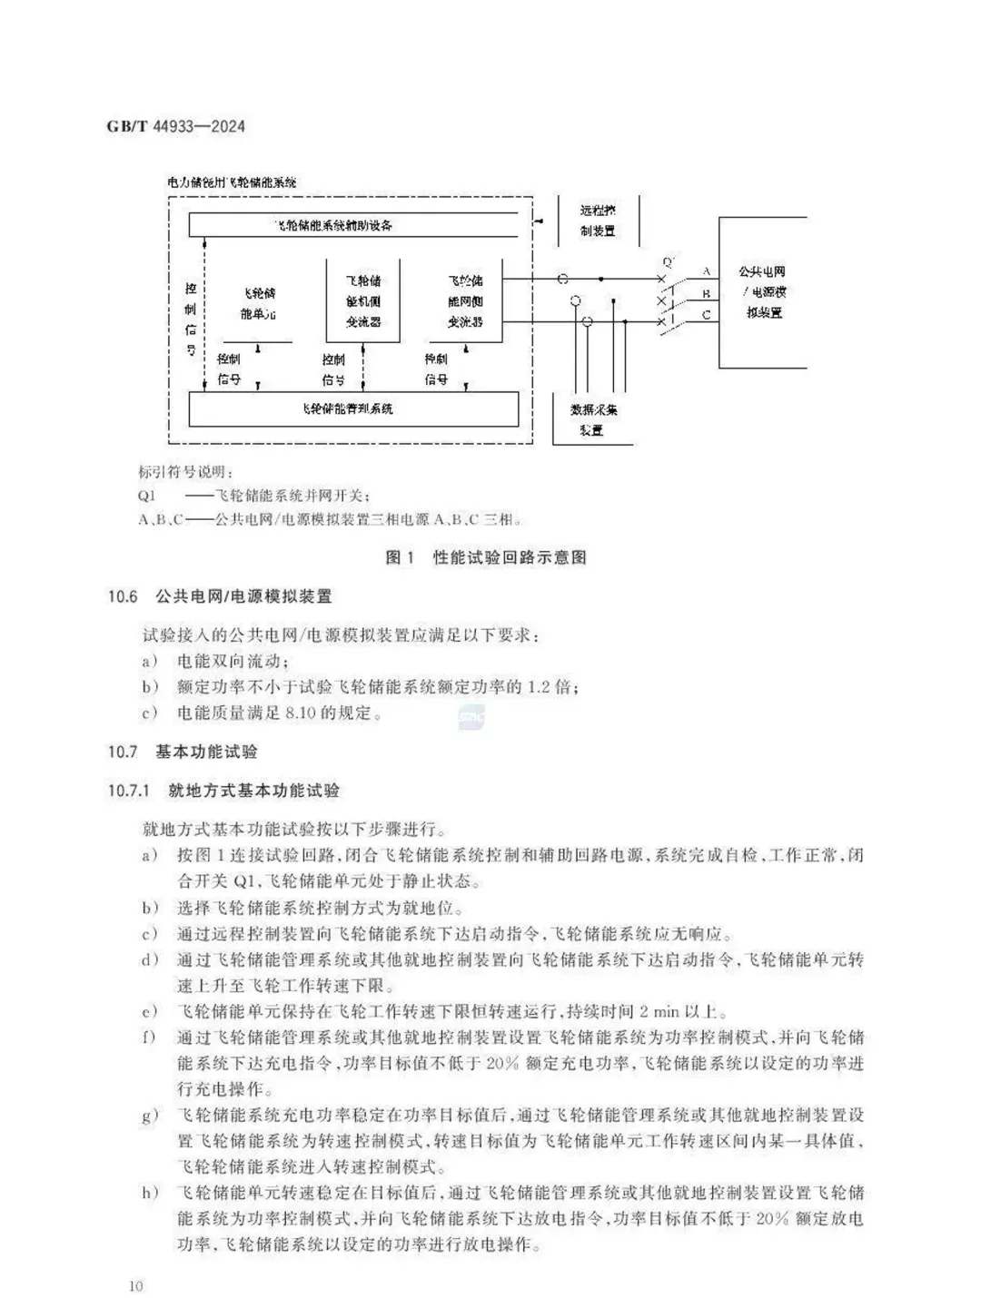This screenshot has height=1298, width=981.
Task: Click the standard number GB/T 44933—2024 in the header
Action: [176, 126]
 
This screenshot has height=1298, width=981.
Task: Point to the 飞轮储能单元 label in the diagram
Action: [258, 303]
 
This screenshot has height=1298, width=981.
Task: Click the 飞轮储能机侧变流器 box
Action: [363, 301]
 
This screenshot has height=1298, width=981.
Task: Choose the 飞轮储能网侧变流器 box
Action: [465, 301]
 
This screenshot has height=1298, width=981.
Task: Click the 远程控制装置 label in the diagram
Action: [598, 221]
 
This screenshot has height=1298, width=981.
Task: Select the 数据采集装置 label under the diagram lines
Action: [592, 420]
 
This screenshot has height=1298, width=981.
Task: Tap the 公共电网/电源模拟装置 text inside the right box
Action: [763, 291]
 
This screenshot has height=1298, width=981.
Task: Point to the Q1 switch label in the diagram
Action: [669, 262]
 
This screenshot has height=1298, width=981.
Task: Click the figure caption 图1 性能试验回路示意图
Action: [486, 557]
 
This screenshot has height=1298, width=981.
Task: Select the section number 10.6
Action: [123, 596]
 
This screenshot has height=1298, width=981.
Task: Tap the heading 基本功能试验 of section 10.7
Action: [206, 752]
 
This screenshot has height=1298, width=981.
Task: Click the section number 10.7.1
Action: [128, 791]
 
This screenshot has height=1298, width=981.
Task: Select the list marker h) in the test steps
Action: [150, 1193]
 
